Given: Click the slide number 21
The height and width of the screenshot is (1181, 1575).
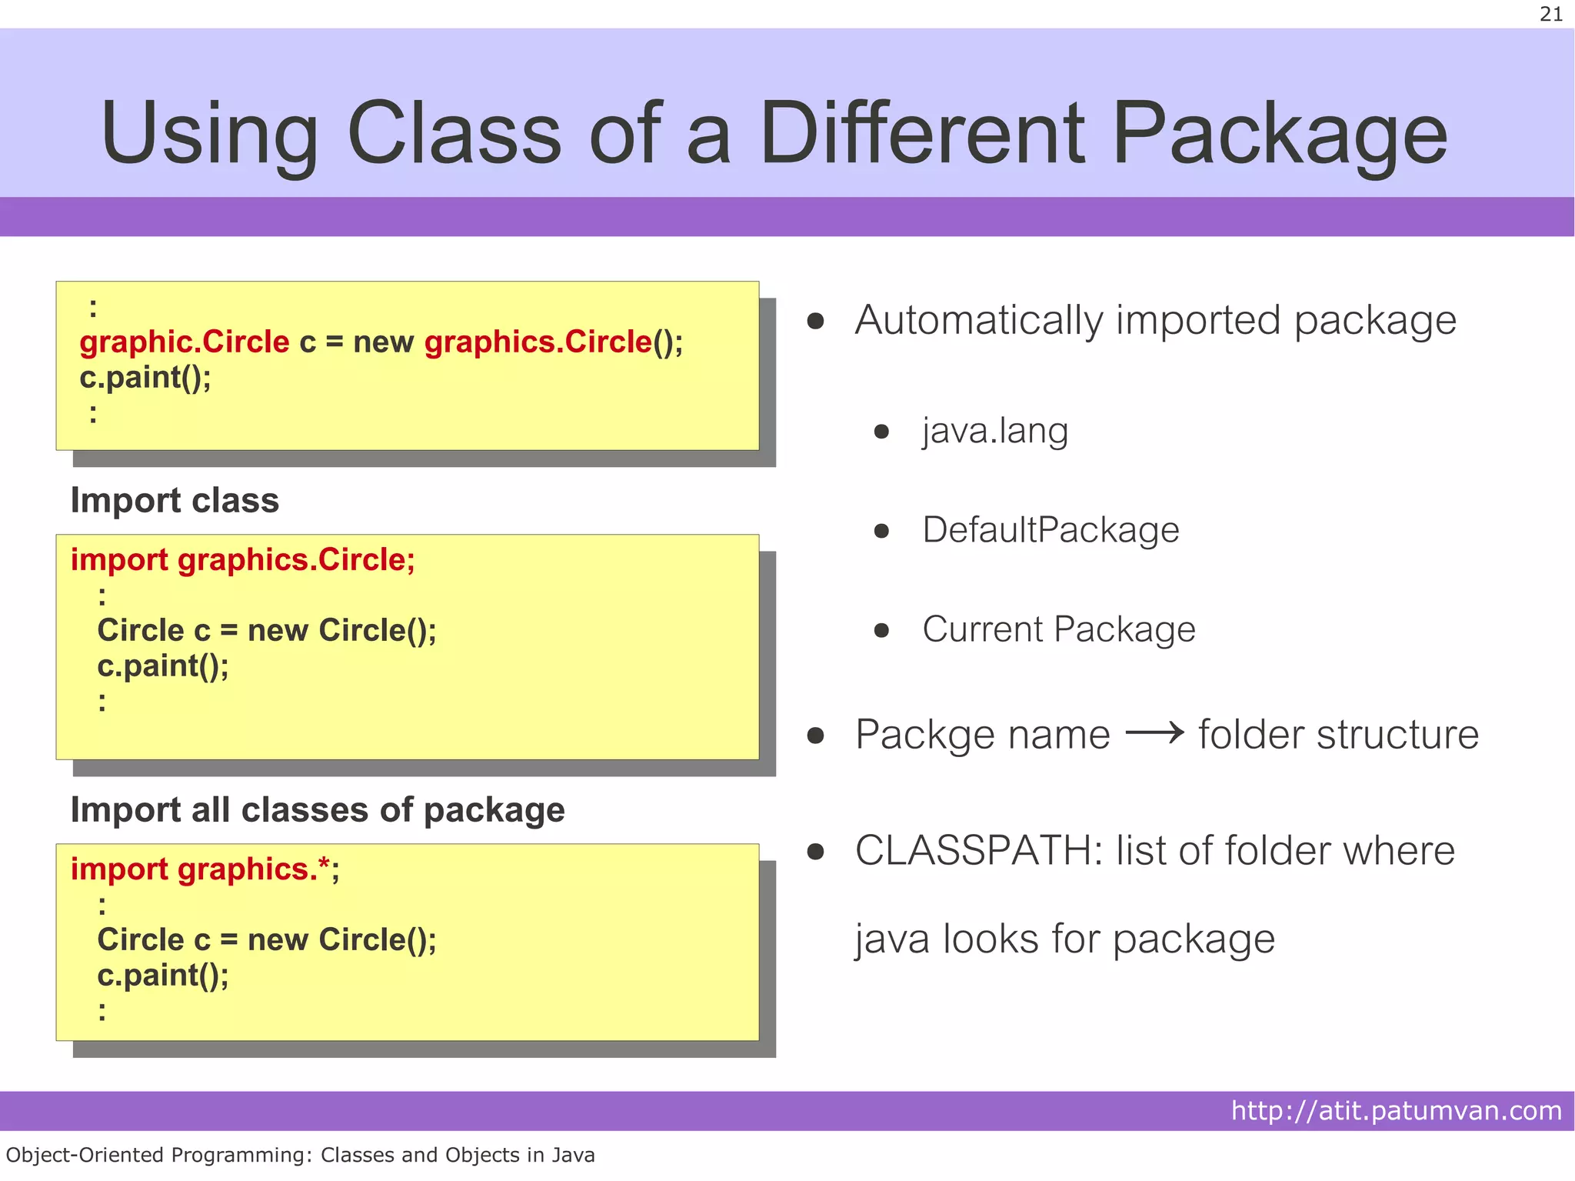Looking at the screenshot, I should (1550, 15).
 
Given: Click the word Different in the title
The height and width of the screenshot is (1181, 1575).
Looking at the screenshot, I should (922, 134).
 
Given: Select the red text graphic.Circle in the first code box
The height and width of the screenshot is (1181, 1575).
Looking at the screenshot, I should (184, 342).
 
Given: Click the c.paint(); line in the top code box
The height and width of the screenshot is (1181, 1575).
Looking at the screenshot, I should (145, 378).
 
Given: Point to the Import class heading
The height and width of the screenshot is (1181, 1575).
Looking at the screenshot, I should (175, 500).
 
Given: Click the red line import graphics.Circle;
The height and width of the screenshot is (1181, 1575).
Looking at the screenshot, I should (242, 559).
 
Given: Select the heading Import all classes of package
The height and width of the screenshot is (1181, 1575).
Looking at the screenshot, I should (318, 810).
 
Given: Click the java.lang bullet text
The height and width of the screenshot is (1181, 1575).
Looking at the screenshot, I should (995, 431).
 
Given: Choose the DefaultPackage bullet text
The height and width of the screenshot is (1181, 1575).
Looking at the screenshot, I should (1051, 530).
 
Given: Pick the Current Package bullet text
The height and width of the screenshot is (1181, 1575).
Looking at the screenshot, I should (1059, 629).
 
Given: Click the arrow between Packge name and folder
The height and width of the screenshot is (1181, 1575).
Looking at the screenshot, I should (1154, 733).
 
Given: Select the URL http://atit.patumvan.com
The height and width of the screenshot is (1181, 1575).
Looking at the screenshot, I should (1396, 1111).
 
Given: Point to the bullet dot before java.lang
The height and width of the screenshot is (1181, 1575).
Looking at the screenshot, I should (881, 432).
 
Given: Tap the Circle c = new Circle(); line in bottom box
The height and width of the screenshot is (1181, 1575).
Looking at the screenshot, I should (267, 939).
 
